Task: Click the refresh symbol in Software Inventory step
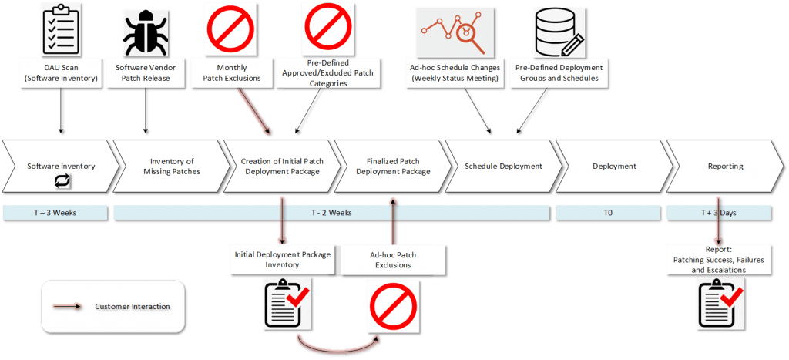click(62, 181)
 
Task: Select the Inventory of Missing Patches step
click(171, 167)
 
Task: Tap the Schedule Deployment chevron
click(503, 166)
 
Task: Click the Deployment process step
click(614, 166)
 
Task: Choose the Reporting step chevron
click(725, 166)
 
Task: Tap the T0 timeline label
click(608, 213)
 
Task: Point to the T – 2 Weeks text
click(331, 213)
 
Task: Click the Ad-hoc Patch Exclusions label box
click(393, 260)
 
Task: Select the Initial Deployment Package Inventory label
click(282, 259)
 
